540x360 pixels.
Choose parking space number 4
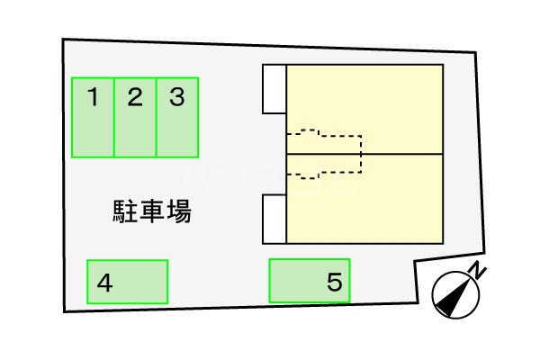[x=128, y=282]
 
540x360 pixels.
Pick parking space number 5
[x=310, y=281]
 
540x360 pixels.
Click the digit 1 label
[x=93, y=95]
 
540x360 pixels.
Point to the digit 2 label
[x=135, y=95]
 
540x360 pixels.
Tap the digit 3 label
[x=177, y=95]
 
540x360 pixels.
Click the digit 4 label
[x=105, y=283]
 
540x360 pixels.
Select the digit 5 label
[x=335, y=283]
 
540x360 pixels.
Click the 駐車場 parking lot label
[x=151, y=212]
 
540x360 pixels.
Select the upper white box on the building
[x=274, y=89]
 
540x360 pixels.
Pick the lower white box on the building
[x=274, y=220]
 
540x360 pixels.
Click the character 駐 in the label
[x=123, y=212]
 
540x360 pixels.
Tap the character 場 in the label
[x=179, y=212]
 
